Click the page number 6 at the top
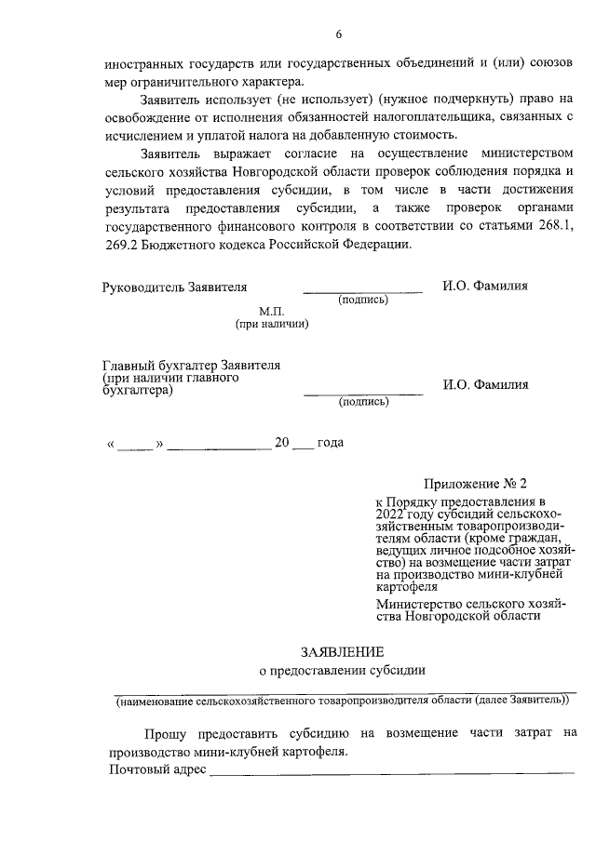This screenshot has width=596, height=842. tap(339, 34)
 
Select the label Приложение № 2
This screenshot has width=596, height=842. tap(475, 484)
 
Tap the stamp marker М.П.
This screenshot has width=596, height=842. tap(271, 312)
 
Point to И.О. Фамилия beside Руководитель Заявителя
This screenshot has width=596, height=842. tap(485, 286)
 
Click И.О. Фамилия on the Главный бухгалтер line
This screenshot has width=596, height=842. tap(485, 384)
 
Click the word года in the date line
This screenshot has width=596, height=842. tap(331, 442)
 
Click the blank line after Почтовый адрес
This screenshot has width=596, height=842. tap(391, 771)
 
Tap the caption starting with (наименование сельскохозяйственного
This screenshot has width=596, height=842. tap(343, 698)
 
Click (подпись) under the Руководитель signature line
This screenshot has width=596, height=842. tap(363, 300)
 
